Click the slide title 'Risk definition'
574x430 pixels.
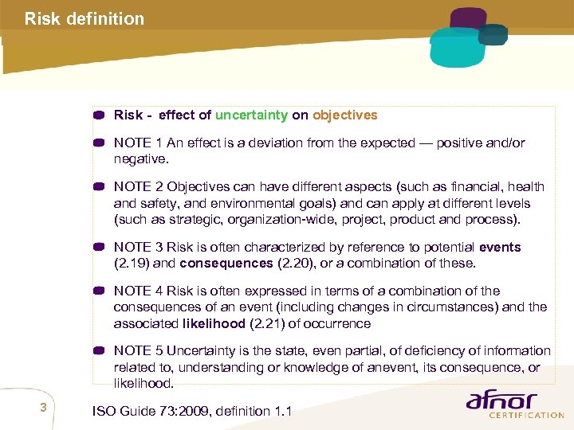[x=85, y=18]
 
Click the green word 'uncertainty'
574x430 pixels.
[x=251, y=115]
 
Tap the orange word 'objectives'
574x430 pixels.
[x=344, y=115]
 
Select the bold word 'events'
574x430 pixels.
[x=500, y=247]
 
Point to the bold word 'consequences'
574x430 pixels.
[x=226, y=263]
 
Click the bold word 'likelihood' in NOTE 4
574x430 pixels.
[x=212, y=323]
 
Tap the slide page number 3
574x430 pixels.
[x=44, y=408]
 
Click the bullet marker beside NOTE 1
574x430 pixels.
[x=99, y=143]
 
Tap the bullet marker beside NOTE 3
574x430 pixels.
[x=99, y=247]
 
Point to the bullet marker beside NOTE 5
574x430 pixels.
[x=99, y=351]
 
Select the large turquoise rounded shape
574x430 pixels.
[x=456, y=46]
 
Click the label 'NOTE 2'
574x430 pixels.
[x=139, y=186]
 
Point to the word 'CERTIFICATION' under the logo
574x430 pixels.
[x=526, y=415]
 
